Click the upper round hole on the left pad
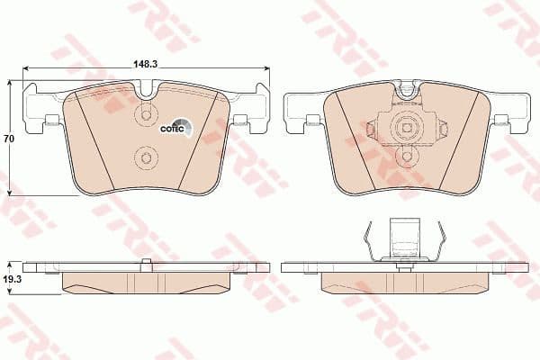145,117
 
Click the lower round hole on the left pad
145,159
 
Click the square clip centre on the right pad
408,126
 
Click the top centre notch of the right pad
409,87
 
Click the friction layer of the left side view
147,281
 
